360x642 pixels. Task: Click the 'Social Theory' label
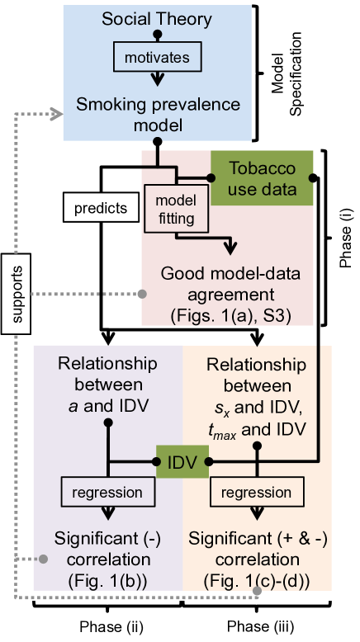(x=156, y=18)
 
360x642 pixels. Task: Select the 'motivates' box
(x=156, y=58)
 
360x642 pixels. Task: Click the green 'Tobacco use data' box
(x=262, y=177)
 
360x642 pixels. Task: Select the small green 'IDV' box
(x=180, y=462)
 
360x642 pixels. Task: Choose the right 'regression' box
(x=256, y=493)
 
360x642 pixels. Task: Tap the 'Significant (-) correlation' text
(x=107, y=549)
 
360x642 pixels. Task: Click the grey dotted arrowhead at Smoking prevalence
(x=56, y=113)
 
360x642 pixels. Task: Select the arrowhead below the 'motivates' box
(x=156, y=80)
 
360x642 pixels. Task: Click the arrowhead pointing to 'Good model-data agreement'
(x=230, y=246)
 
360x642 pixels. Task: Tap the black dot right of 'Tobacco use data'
(x=313, y=177)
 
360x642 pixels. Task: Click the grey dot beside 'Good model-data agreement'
(x=142, y=294)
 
